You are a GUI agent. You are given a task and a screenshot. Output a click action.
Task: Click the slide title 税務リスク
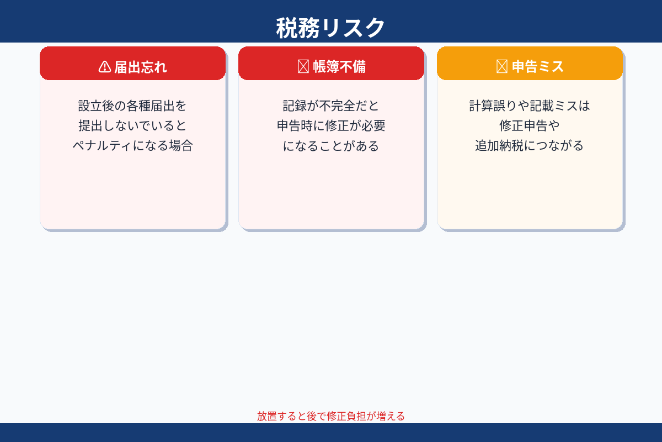coord(330,28)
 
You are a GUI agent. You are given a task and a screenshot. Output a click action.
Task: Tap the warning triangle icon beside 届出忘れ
coord(105,67)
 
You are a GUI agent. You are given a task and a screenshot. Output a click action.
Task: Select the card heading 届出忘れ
coord(140,67)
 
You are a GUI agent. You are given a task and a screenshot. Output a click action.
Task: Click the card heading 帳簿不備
coord(339,67)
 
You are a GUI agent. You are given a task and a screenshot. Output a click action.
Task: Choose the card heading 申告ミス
coord(537,67)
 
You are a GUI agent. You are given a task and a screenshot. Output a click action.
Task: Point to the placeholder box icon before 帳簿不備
coord(303,67)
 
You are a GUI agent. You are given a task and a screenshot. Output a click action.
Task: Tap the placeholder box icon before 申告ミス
coord(501,67)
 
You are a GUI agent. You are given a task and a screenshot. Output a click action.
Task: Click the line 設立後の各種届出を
coord(132,106)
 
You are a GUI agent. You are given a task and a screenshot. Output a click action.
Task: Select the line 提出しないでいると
coord(132,125)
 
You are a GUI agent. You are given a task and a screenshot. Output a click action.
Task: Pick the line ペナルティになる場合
coord(132,146)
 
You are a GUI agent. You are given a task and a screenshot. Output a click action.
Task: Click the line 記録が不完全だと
coord(331,106)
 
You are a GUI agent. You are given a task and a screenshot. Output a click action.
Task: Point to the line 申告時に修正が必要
coord(331,125)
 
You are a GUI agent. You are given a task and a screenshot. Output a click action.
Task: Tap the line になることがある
coord(331,146)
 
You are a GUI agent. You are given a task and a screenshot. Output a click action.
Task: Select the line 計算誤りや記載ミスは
coord(530,106)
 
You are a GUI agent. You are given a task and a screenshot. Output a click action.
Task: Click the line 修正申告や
coord(530,125)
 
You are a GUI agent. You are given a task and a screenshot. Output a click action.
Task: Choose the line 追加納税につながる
coord(530,146)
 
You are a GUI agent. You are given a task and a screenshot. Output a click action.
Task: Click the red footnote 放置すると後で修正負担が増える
coord(331,416)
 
